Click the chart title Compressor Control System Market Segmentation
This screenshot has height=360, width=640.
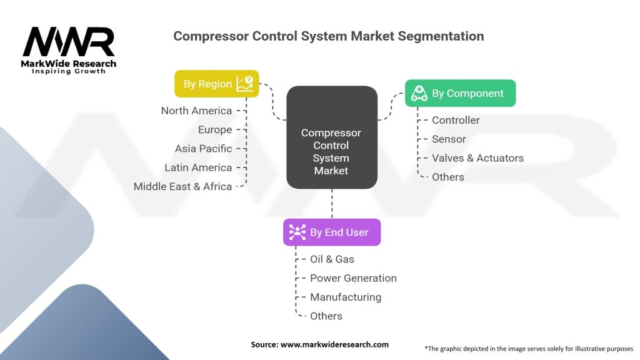click(x=328, y=36)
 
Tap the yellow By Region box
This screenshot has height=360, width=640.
click(x=216, y=84)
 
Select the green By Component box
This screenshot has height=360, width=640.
click(x=460, y=93)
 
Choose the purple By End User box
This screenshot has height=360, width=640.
click(x=331, y=232)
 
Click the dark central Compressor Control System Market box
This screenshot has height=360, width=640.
click(x=331, y=151)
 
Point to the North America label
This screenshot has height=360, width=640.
click(x=196, y=111)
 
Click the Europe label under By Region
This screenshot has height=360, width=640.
click(x=214, y=130)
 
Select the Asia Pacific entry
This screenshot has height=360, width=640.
click(x=203, y=149)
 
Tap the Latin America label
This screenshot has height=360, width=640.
click(x=198, y=167)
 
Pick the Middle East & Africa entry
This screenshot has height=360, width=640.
click(x=182, y=186)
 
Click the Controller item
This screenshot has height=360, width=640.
click(x=456, y=120)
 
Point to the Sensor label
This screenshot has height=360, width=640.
click(x=449, y=139)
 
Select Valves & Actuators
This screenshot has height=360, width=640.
click(x=477, y=158)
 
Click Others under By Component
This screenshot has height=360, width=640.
click(x=447, y=177)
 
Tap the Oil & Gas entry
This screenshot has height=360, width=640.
click(x=332, y=259)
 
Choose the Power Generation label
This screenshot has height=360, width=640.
click(x=353, y=278)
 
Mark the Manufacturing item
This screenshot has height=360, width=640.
click(x=346, y=297)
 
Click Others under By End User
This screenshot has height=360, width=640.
click(x=326, y=316)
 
